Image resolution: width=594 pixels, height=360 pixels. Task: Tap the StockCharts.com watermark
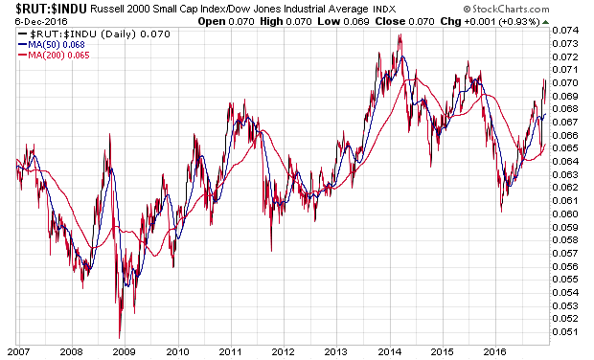pyautogui.click(x=507, y=9)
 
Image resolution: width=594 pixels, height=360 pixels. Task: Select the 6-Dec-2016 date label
pyautogui.click(x=41, y=21)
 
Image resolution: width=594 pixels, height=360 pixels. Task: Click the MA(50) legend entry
pyautogui.click(x=52, y=45)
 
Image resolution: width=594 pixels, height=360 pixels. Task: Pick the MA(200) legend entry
pyautogui.click(x=54, y=56)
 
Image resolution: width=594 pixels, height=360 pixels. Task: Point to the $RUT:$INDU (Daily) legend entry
pyautogui.click(x=94, y=34)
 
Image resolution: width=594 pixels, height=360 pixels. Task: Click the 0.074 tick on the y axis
pyautogui.click(x=565, y=31)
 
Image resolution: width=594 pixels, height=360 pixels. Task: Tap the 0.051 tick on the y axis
pyautogui.click(x=565, y=332)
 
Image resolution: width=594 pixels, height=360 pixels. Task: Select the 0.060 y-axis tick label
pyautogui.click(x=565, y=214)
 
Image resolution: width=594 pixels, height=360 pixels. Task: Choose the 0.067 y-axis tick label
pyautogui.click(x=565, y=122)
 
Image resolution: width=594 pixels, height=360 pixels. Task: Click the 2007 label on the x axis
pyautogui.click(x=18, y=351)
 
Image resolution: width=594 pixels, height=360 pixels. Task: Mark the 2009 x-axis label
pyautogui.click(x=125, y=351)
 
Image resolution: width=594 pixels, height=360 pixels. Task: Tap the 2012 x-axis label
pyautogui.click(x=283, y=351)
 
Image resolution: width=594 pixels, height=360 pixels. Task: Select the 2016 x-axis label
pyautogui.click(x=494, y=351)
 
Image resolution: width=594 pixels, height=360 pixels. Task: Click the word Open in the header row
pyautogui.click(x=212, y=22)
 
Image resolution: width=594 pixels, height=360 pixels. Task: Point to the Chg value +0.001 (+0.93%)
pyautogui.click(x=502, y=22)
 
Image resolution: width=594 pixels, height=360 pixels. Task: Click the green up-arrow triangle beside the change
pyautogui.click(x=545, y=22)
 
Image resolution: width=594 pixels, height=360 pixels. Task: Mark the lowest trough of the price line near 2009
pyautogui.click(x=120, y=338)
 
